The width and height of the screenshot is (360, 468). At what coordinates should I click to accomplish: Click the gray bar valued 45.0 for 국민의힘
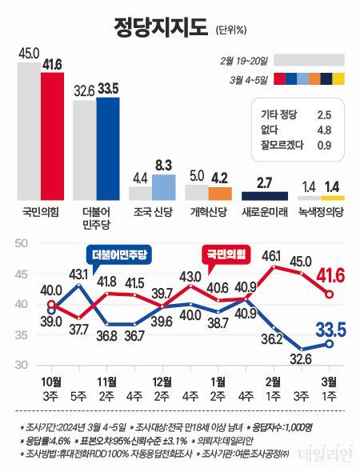point(28,131)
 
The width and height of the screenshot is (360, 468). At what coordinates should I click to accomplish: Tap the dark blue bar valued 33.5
point(107,149)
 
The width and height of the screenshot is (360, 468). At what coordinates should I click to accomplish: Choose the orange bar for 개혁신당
point(219,193)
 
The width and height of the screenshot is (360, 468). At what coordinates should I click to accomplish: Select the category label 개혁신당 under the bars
point(208,213)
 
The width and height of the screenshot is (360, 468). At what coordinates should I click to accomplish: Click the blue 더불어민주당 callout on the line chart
point(122,254)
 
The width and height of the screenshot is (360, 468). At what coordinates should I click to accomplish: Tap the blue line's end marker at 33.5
point(328,344)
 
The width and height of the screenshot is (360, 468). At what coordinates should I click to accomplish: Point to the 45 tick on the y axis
point(22,274)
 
